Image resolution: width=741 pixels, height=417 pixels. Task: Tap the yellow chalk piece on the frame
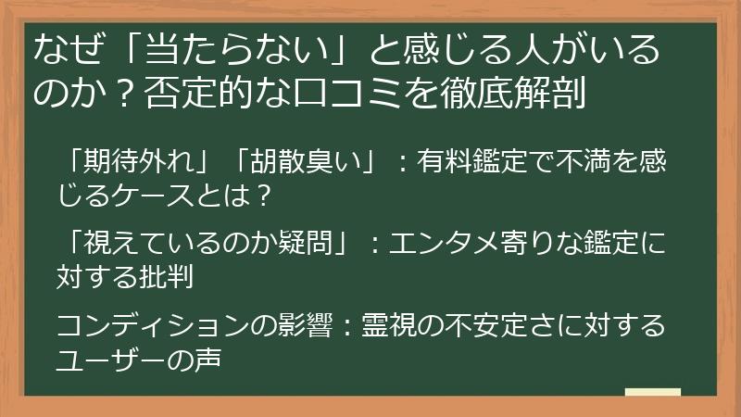coord(653,393)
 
